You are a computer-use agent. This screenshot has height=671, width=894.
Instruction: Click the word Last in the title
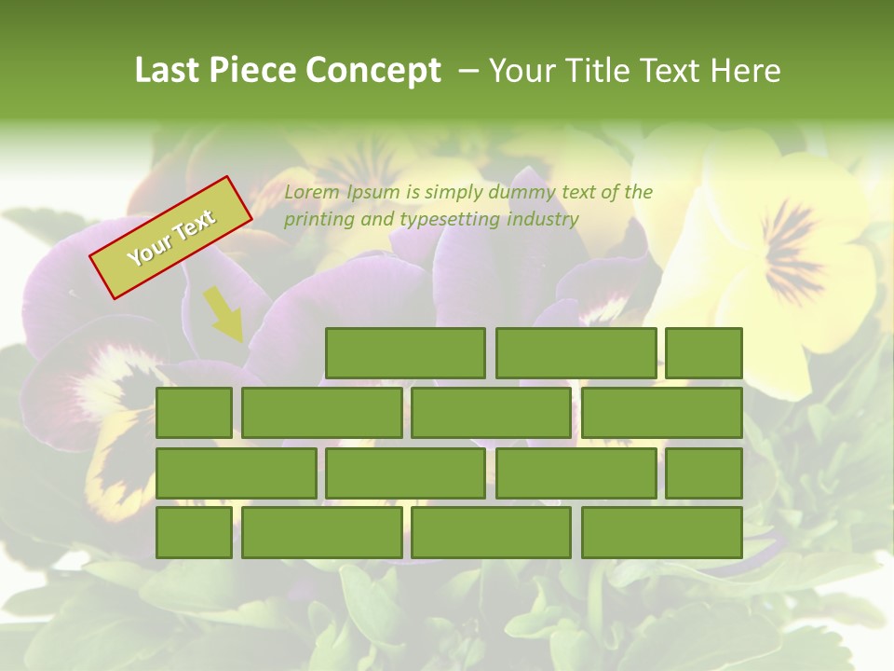[167, 71]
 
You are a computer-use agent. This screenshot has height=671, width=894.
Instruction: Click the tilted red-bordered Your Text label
[171, 238]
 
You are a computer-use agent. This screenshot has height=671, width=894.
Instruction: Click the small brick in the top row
[703, 353]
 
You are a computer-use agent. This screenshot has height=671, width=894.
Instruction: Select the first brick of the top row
[405, 353]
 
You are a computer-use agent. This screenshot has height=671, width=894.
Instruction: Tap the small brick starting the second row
[194, 413]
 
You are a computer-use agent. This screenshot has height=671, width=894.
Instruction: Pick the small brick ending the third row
[703, 472]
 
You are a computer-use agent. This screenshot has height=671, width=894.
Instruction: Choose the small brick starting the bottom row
[194, 532]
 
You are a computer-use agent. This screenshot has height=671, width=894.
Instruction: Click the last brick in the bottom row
[661, 532]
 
